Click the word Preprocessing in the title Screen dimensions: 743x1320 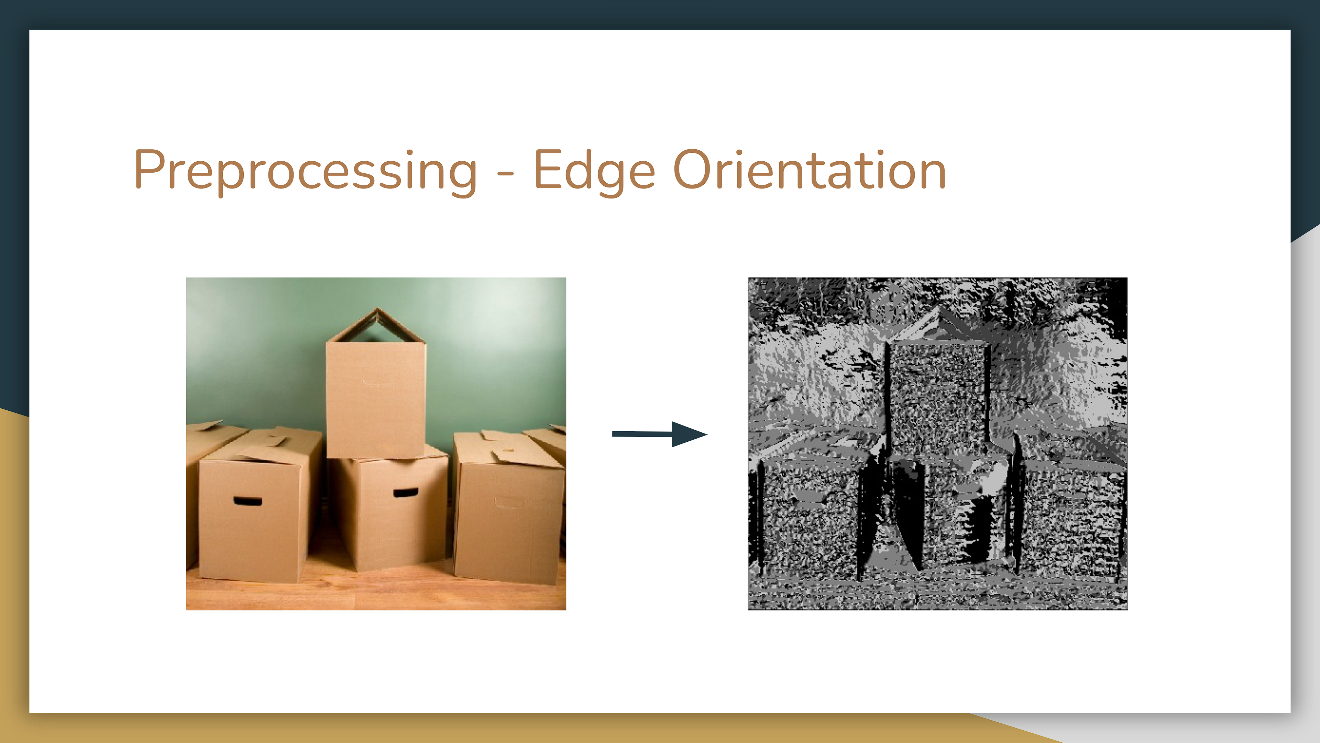point(305,170)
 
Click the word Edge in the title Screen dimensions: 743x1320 point(594,170)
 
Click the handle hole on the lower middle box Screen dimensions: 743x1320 point(405,493)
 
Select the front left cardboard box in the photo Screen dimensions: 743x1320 point(251,518)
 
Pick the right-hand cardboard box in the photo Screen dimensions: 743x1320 point(507,518)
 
